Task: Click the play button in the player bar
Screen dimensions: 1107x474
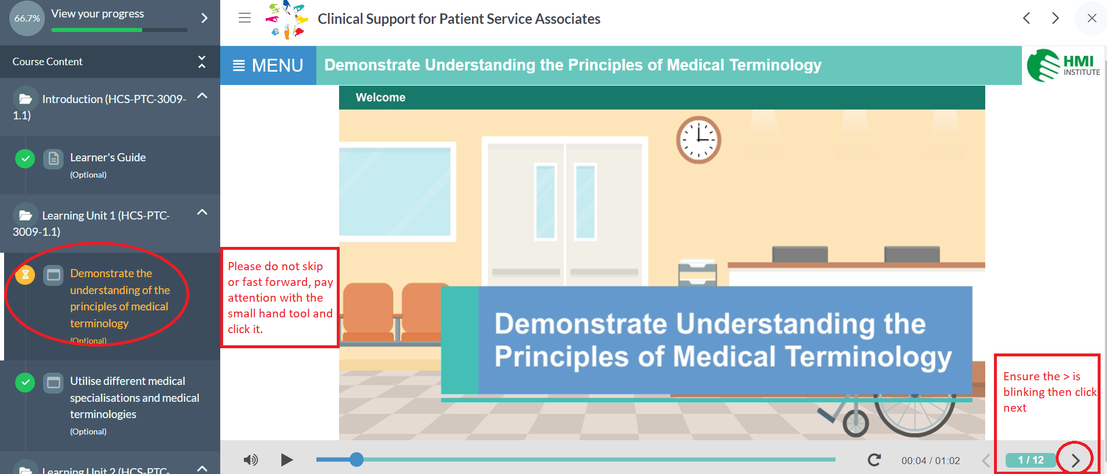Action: click(x=287, y=460)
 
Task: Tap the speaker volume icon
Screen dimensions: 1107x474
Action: click(x=251, y=460)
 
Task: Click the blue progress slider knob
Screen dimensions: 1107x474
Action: click(x=357, y=459)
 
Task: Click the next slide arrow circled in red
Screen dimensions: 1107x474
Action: click(x=1075, y=461)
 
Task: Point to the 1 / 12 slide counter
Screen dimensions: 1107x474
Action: click(x=1031, y=460)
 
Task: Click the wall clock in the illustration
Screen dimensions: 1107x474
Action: click(x=699, y=140)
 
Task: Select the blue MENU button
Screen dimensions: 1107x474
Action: click(x=268, y=65)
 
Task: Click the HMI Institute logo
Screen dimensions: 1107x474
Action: click(x=1063, y=65)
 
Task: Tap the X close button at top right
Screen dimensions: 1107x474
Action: click(x=1092, y=18)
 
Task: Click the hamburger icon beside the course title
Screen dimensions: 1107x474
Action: click(x=245, y=18)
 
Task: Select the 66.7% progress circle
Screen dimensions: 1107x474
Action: click(x=27, y=18)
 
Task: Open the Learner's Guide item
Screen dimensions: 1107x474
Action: click(x=108, y=157)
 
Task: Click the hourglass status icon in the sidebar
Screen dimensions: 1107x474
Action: click(x=25, y=275)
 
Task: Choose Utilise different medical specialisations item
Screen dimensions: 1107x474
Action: click(x=135, y=398)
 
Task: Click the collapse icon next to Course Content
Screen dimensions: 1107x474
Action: click(x=202, y=61)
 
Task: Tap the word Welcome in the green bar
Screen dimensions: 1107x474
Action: click(x=380, y=97)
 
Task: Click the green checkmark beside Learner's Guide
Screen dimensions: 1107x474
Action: click(x=25, y=158)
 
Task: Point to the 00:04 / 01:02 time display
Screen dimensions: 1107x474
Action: click(x=930, y=461)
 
